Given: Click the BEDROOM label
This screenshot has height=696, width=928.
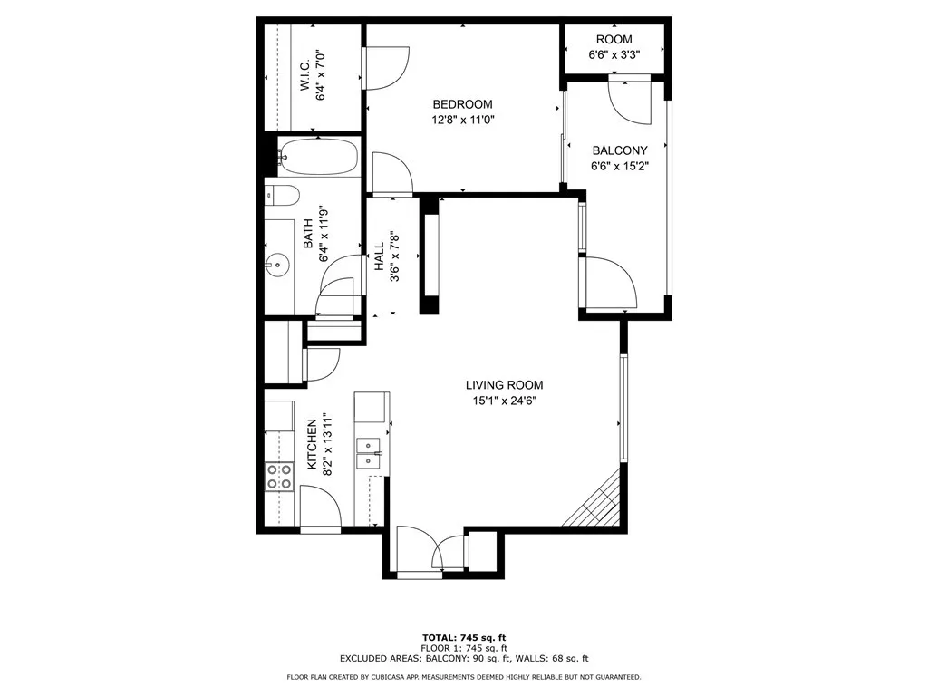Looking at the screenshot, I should click(462, 104).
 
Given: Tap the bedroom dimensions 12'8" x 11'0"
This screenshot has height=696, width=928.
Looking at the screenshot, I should click(462, 119).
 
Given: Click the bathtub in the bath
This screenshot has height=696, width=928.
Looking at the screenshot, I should click(317, 157).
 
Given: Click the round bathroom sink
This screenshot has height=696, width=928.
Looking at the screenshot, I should click(277, 266).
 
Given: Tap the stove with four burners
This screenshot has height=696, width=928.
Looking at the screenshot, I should click(279, 476).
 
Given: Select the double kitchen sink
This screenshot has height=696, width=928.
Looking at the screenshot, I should click(369, 452).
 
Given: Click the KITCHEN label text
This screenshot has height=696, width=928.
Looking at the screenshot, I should click(312, 444).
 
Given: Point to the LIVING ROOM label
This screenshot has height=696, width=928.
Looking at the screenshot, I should click(505, 385).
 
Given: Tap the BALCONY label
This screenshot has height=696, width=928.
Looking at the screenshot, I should click(620, 150).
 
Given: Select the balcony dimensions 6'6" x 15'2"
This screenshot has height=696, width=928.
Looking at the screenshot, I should click(620, 166).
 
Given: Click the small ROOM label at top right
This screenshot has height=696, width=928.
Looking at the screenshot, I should click(614, 39).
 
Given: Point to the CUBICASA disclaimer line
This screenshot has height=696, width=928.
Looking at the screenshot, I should click(463, 676).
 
